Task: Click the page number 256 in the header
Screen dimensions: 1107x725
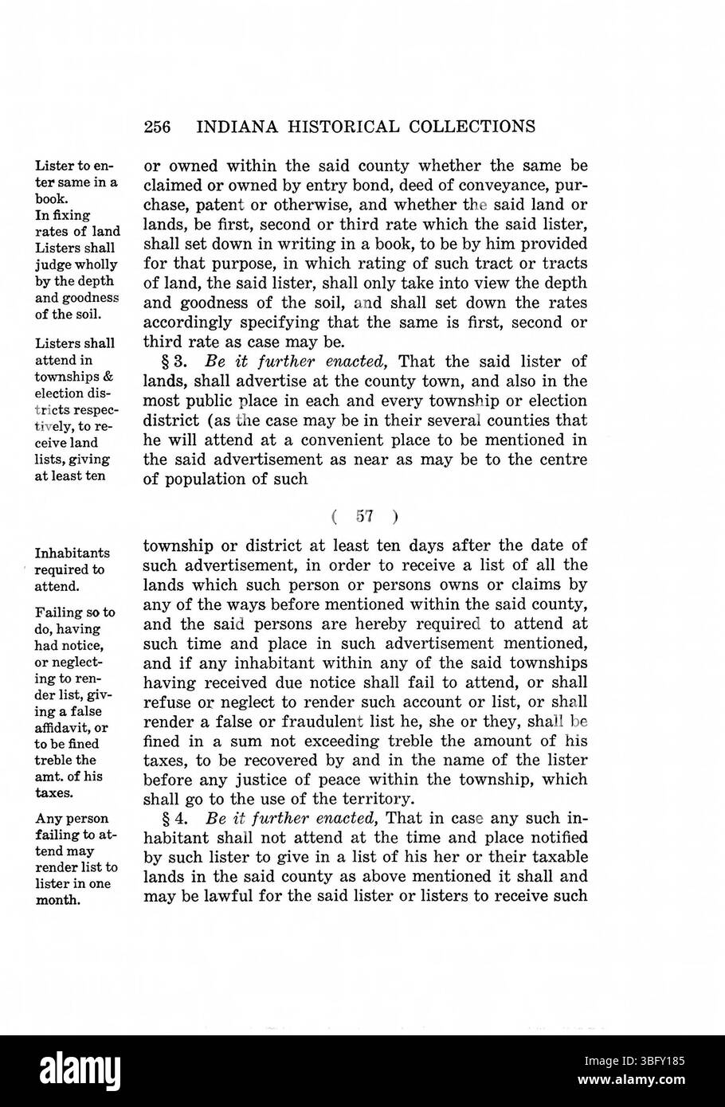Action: tap(159, 127)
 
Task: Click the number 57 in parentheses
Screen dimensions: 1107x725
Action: tap(365, 515)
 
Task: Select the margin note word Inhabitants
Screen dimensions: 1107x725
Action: tap(72, 553)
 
